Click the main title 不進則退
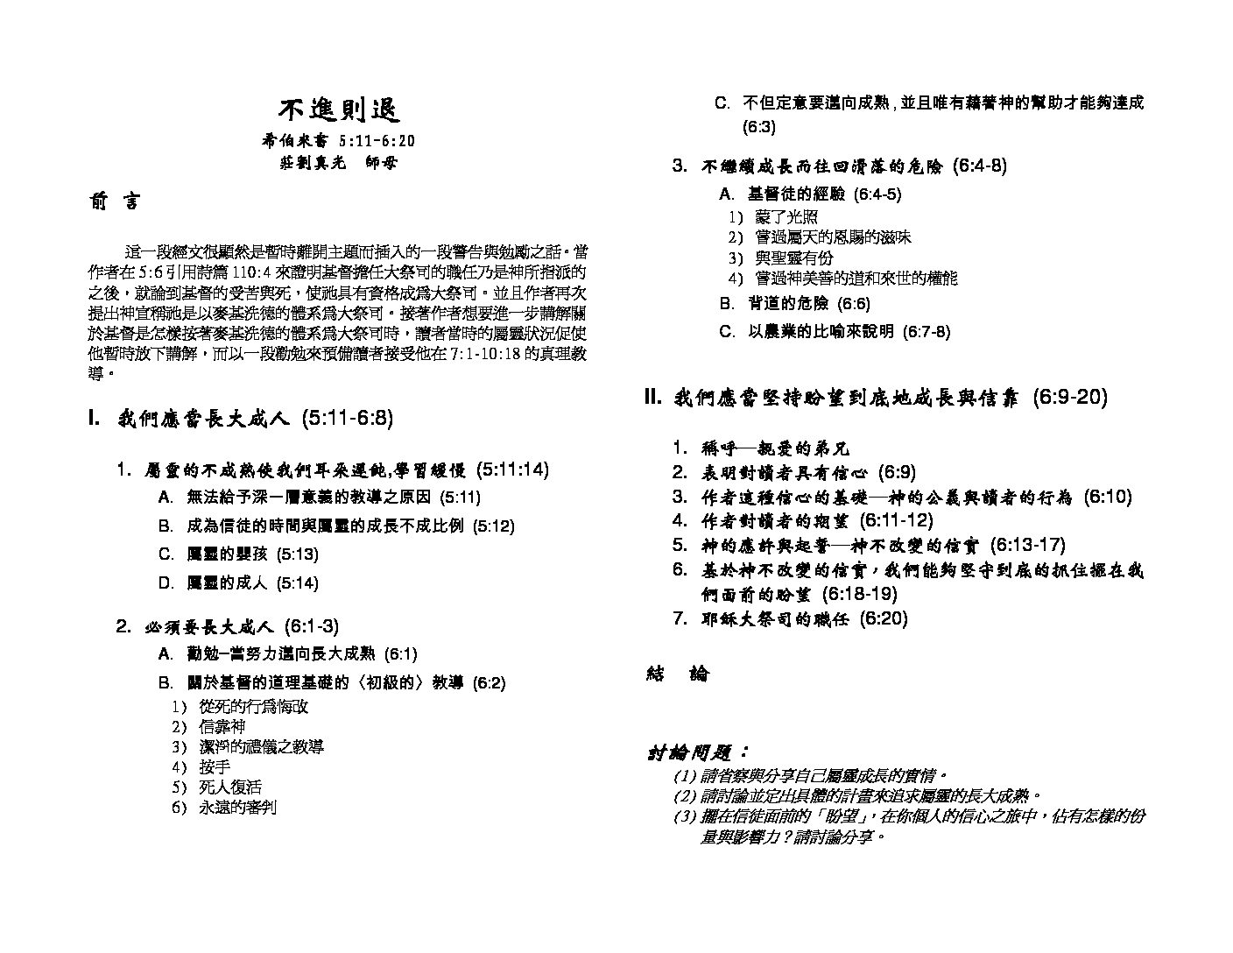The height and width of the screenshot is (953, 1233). click(339, 110)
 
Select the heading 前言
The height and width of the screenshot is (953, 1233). click(114, 202)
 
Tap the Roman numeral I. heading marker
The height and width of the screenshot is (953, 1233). click(96, 419)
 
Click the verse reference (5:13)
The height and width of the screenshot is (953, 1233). click(297, 554)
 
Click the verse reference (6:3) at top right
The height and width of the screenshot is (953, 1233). click(758, 127)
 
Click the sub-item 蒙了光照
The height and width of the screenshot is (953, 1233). click(786, 217)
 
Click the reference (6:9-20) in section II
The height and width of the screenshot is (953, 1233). click(1069, 398)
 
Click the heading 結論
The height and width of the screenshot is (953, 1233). click(678, 674)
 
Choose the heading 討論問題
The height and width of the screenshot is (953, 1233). click(698, 753)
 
